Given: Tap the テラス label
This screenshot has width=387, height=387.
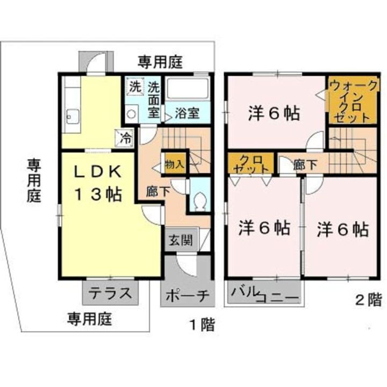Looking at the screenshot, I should (x=110, y=293).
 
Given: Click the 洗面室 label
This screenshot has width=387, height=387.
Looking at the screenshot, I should (x=154, y=99).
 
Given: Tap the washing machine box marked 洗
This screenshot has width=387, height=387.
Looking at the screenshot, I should (x=135, y=87).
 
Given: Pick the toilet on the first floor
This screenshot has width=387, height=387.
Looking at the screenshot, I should (x=200, y=200).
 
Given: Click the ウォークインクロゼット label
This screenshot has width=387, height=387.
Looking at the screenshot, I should (x=349, y=101).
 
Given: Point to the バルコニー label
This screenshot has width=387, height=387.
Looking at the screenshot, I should (x=265, y=295).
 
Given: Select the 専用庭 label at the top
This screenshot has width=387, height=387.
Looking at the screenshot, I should (x=160, y=62).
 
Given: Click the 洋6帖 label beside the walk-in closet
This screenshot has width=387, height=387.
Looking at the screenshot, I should (x=274, y=114).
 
